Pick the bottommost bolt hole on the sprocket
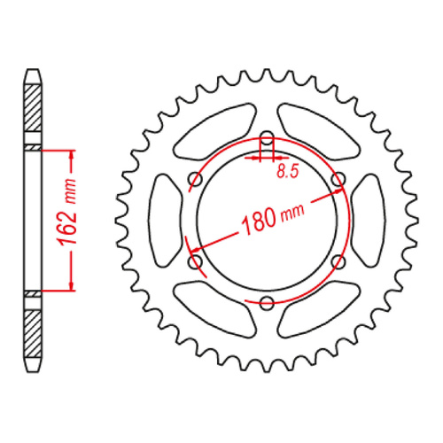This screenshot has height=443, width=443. point(266,303)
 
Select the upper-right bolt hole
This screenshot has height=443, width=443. point(337,181)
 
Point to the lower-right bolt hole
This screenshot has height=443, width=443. point(337,262)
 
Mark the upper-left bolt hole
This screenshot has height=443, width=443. point(195,181)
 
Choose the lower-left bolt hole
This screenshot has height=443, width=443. point(195,262)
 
